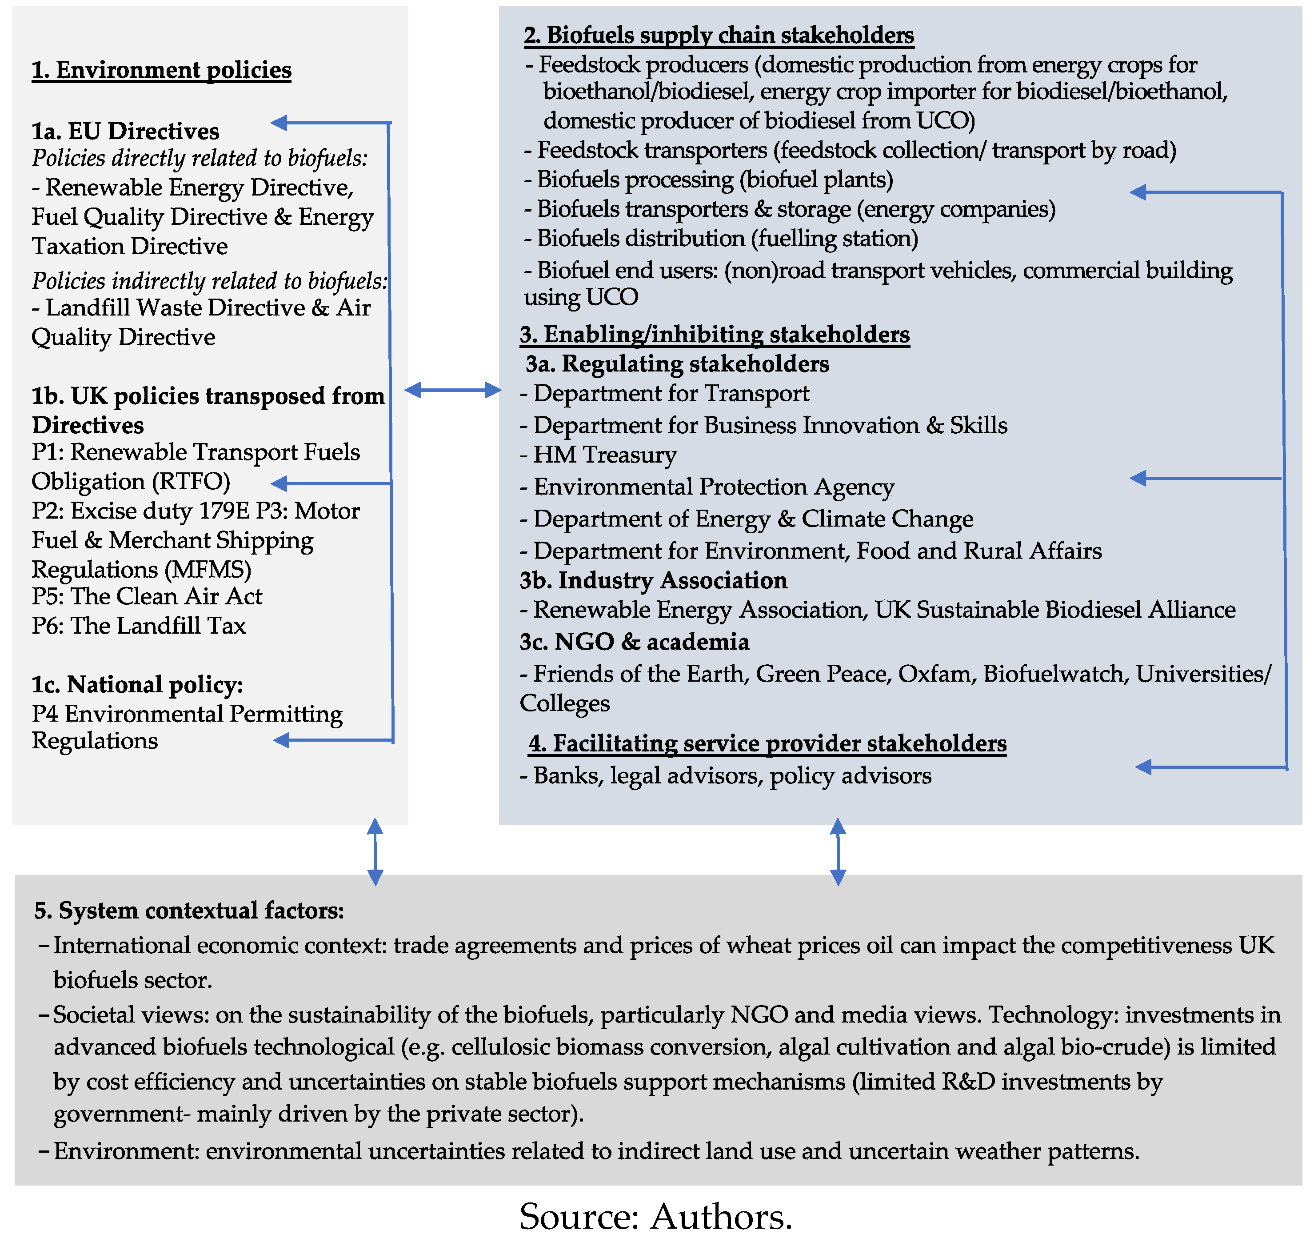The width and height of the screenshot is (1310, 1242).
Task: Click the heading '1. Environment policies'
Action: (x=161, y=69)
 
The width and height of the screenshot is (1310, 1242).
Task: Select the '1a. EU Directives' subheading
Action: (x=125, y=131)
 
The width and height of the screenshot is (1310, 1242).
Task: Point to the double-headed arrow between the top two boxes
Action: (x=453, y=390)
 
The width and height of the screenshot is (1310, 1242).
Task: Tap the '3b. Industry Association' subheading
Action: (x=653, y=580)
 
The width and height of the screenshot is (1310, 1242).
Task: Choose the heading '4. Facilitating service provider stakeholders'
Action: (x=767, y=743)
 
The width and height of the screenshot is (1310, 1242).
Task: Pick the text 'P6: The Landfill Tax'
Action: (x=138, y=626)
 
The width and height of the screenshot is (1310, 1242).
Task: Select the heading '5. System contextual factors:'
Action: (x=189, y=911)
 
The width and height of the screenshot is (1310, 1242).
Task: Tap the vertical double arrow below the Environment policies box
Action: (x=375, y=851)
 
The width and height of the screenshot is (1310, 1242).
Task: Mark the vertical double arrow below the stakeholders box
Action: (x=837, y=851)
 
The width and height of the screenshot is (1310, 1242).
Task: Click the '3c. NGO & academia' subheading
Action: (x=634, y=642)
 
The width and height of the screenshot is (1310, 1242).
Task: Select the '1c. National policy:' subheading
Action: (x=137, y=684)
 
